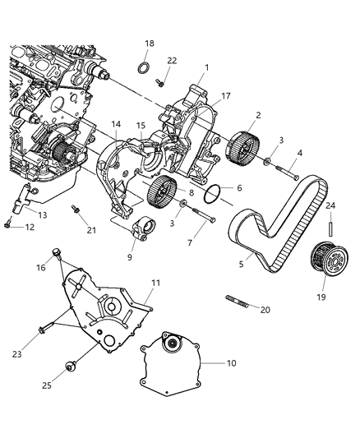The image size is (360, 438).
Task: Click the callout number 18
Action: click(x=149, y=43)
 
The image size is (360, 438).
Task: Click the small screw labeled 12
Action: click(x=8, y=221)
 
